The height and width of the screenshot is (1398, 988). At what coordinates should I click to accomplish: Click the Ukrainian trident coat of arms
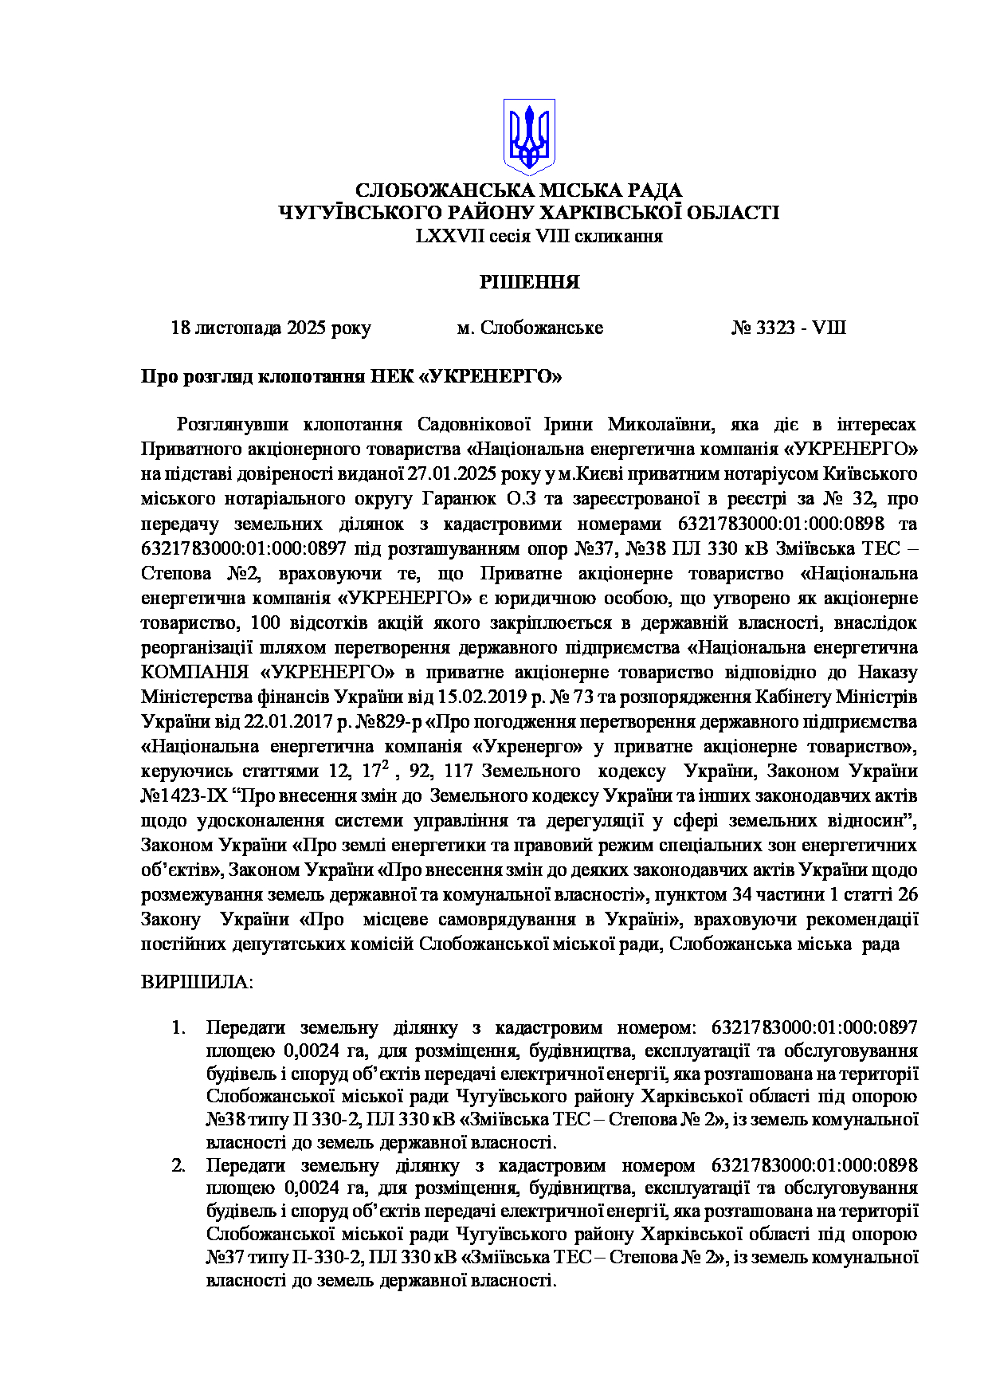coord(528,136)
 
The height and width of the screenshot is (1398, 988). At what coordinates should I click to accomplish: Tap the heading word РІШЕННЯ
coord(529,282)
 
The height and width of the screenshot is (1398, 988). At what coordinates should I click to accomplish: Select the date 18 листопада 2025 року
coord(271,328)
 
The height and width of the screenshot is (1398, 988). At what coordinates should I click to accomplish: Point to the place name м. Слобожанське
coord(530,328)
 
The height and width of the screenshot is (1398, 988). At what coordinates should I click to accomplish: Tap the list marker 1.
coord(178,1027)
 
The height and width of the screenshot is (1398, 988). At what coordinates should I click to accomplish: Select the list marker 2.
coord(178,1165)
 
